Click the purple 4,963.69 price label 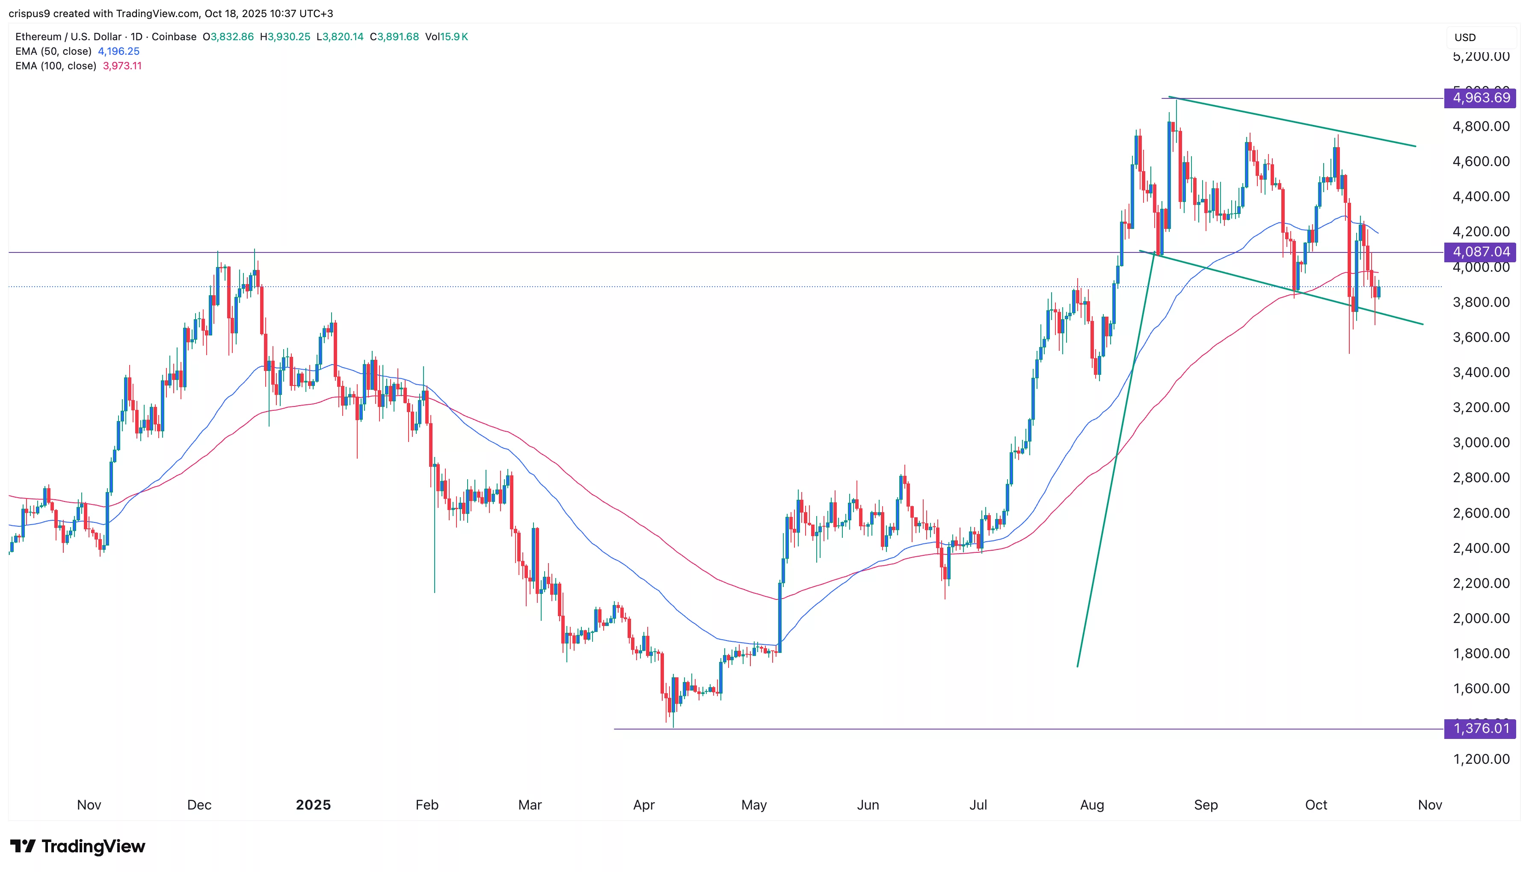coord(1480,98)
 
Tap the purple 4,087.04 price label coord(1480,252)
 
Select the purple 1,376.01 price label coord(1480,728)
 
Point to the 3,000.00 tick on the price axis coord(1481,442)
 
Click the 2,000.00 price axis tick coord(1481,618)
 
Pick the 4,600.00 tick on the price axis coord(1481,161)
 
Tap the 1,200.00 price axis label coord(1481,759)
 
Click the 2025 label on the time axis coord(313,805)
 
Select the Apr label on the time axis coord(643,805)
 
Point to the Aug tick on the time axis coord(1092,805)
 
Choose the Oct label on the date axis coord(1316,805)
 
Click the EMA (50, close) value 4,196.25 coord(119,51)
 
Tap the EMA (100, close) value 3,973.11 coord(122,66)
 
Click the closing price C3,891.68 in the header coord(394,36)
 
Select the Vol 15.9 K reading coord(447,36)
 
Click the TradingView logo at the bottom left coord(78,846)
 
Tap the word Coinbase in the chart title coord(174,36)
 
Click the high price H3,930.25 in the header coord(285,36)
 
